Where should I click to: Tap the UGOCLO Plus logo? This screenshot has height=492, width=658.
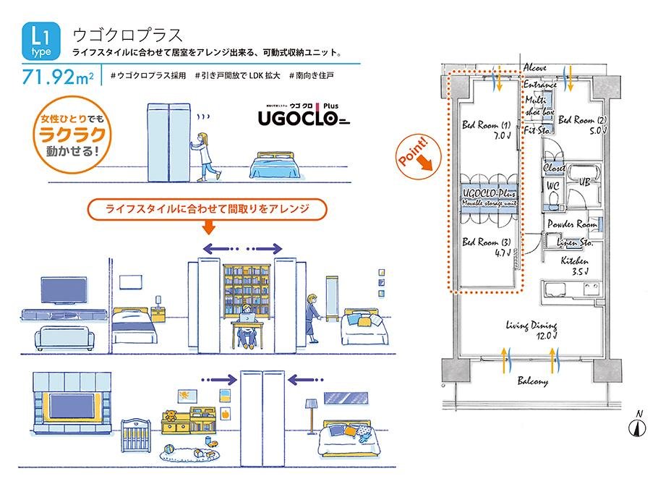click(306, 114)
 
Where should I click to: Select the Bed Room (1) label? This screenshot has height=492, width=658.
click(486, 130)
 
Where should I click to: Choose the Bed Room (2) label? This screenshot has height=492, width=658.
click(582, 124)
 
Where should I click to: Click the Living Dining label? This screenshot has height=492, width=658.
click(531, 330)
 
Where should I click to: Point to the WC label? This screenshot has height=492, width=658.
click(552, 184)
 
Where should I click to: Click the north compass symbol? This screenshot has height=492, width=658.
click(638, 424)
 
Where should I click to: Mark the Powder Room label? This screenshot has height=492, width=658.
click(572, 224)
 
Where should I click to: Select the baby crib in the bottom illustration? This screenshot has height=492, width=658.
click(138, 435)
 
